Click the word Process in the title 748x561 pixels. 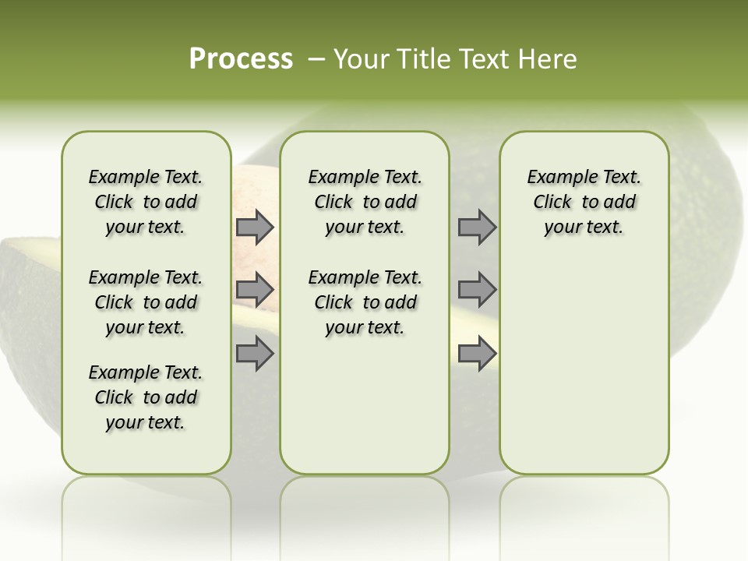click(241, 58)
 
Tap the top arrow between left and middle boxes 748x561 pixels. click(255, 228)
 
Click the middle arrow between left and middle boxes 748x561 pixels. click(255, 291)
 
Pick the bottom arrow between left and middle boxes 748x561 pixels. click(255, 353)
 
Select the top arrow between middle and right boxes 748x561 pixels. click(477, 228)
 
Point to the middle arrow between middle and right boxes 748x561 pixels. click(477, 290)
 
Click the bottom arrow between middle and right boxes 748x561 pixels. click(477, 354)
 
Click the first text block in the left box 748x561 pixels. click(146, 202)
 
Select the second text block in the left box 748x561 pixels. click(146, 302)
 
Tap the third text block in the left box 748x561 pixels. click(146, 397)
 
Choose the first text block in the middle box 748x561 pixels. click(365, 202)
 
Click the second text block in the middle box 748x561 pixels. click(365, 302)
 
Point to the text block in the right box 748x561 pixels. click(584, 202)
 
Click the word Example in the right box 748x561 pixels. click(556, 177)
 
